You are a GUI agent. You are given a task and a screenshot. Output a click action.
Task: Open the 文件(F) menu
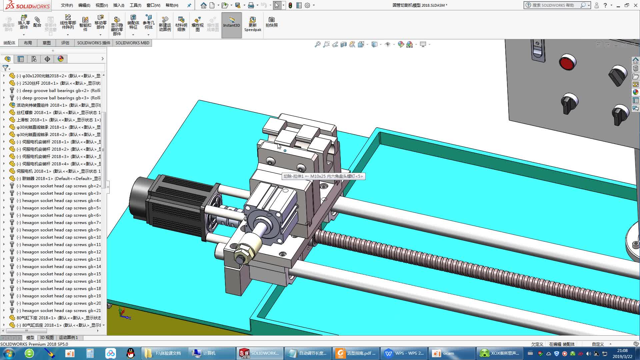(67, 5)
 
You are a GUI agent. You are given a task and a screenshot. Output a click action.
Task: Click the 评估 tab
(65, 43)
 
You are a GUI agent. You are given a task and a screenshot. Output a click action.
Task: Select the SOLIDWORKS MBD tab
(132, 43)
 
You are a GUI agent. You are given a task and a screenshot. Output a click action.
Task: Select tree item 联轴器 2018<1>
(58, 178)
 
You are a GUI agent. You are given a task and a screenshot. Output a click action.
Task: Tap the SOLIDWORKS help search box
(555, 5)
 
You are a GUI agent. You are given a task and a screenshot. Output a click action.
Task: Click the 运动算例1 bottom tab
(68, 337)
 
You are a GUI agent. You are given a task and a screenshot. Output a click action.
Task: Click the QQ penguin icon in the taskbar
(131, 353)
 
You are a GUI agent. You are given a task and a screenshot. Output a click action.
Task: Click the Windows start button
(9, 353)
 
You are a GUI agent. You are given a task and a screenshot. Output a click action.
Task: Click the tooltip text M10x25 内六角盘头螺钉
(336, 176)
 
